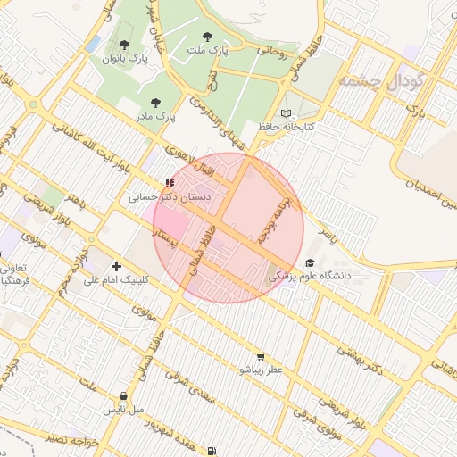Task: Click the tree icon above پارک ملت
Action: point(208,37)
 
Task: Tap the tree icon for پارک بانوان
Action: point(123,45)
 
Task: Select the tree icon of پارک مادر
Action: point(157,103)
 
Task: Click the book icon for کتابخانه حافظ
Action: point(286,113)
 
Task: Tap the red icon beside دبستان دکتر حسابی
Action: point(169,183)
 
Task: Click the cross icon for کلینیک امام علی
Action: point(116,266)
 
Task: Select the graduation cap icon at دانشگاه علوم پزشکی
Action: point(309,262)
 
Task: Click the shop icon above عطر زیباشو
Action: point(260,356)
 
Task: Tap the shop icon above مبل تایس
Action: point(123,396)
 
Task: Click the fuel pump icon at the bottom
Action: point(211,451)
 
